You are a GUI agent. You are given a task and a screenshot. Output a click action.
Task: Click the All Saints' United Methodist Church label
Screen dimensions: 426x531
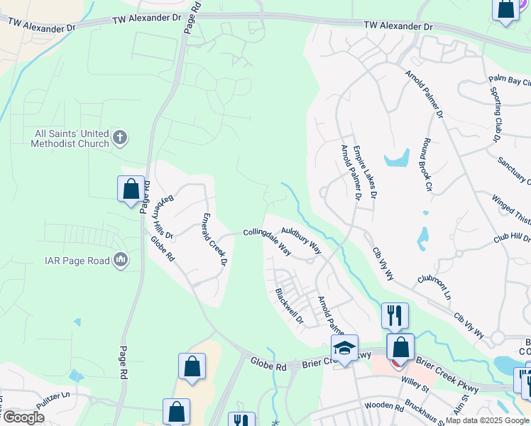coord(70,138)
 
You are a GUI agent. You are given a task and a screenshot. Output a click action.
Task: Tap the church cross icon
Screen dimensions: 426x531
coord(121,137)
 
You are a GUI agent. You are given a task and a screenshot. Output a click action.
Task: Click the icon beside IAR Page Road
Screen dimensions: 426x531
coord(121,261)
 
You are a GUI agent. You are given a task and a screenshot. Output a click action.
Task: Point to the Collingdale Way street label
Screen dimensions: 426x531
coord(268,241)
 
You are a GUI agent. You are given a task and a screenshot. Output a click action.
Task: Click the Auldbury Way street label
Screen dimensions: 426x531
coord(301,241)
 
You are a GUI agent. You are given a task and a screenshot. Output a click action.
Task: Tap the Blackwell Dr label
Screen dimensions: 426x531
coord(290,306)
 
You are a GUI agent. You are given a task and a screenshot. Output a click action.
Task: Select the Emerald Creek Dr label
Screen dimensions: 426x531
coord(213,239)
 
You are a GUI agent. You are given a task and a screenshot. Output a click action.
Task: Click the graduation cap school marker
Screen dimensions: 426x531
coord(344,349)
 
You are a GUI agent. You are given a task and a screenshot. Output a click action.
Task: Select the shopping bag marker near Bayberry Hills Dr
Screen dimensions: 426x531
coord(131,190)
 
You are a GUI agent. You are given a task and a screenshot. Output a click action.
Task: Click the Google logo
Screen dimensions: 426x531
coord(23,417)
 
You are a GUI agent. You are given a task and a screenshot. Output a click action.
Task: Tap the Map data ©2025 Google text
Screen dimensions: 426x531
coord(488,420)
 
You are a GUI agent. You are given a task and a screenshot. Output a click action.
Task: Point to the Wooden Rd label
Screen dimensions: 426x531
coord(384,407)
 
